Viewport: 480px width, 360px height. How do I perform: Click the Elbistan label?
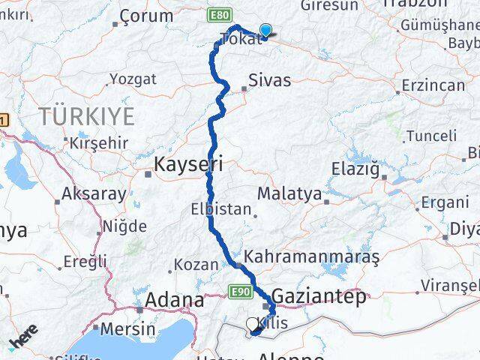(220, 209)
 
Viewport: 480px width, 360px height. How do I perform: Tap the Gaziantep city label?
(319, 296)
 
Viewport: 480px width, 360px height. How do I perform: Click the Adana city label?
(176, 301)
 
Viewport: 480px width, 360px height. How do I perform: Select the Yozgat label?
(133, 79)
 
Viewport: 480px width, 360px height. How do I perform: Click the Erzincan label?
(433, 85)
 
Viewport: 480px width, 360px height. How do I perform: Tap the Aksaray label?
(94, 193)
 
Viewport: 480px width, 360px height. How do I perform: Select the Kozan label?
(196, 264)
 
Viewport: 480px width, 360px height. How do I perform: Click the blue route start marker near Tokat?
(265, 31)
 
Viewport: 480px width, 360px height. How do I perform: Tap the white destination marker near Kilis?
(253, 324)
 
